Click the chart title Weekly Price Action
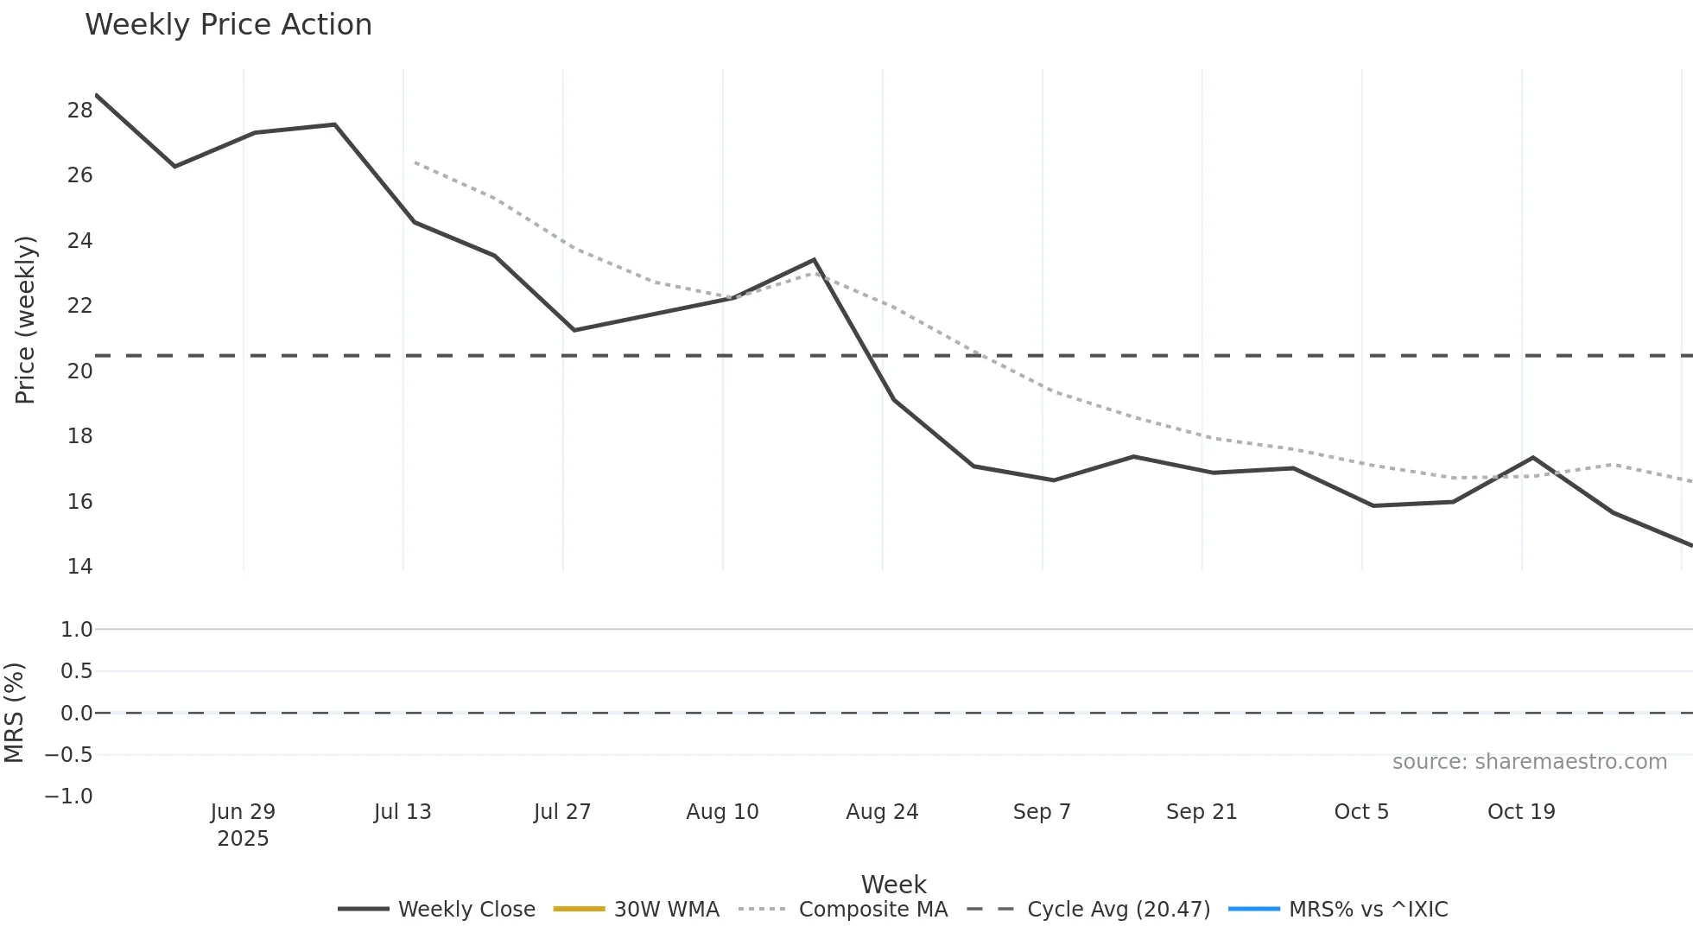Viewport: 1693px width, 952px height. click(x=228, y=25)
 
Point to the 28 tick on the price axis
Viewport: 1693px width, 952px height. click(x=79, y=111)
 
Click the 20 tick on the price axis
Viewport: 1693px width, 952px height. click(x=79, y=371)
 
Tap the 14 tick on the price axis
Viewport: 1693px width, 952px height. click(x=79, y=567)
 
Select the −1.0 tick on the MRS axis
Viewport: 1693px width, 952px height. click(x=69, y=797)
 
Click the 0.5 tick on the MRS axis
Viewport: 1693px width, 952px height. click(x=76, y=671)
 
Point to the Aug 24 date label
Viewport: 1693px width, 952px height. click(x=882, y=812)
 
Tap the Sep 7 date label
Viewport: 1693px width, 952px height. click(x=1042, y=812)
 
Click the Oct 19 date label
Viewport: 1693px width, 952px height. click(x=1521, y=812)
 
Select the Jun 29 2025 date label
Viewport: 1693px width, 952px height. click(x=243, y=825)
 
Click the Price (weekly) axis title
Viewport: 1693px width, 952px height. click(x=25, y=320)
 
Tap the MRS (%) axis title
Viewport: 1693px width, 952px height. click(x=14, y=713)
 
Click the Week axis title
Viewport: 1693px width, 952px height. click(x=893, y=885)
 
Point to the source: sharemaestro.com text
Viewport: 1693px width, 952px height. click(x=1529, y=762)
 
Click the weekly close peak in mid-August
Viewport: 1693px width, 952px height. click(x=814, y=259)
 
